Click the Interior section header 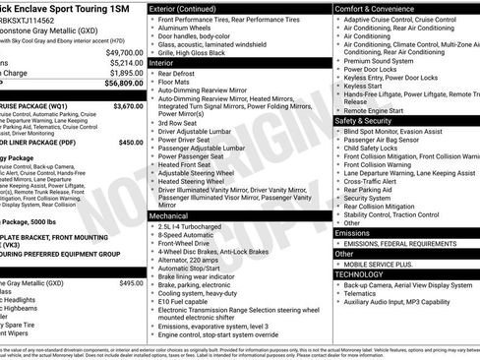click(168, 62)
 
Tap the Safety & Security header click(371, 120)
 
